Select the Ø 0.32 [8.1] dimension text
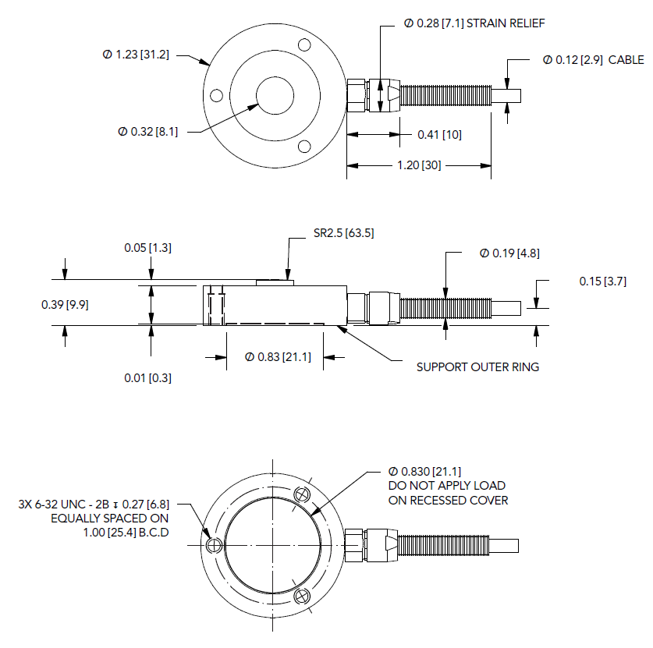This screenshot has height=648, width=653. coord(147,132)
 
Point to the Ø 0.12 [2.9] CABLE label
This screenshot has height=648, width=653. coord(593,59)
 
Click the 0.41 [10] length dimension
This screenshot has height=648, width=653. coord(439,135)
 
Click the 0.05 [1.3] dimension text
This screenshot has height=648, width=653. coord(147,248)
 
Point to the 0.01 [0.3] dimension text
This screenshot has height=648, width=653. coord(147,377)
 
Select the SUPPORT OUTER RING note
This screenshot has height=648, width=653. coord(477,366)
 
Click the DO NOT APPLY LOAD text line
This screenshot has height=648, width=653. coord(447,486)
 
